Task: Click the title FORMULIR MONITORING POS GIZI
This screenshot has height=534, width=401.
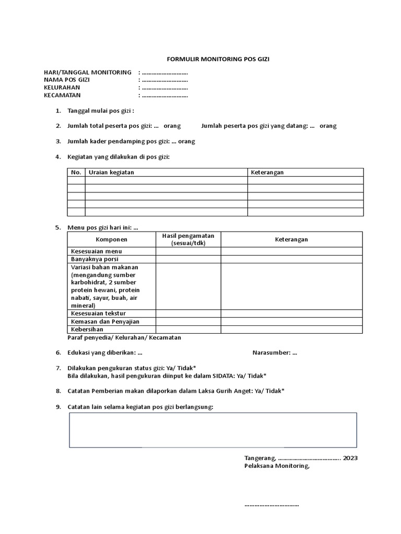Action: [218, 59]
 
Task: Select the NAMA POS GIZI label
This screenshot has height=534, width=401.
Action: [67, 80]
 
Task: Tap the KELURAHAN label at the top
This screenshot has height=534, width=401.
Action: [62, 88]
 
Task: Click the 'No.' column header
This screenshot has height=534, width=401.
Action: [76, 173]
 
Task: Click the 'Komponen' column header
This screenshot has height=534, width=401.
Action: [111, 239]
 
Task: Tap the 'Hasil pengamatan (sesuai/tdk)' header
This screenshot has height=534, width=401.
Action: [188, 239]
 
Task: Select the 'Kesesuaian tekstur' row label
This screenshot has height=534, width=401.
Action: [98, 313]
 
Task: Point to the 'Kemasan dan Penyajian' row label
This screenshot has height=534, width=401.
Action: [105, 322]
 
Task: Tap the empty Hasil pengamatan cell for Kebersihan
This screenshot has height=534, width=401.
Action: [188, 330]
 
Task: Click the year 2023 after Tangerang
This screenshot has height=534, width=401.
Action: [350, 458]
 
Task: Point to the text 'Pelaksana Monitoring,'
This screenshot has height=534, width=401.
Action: [277, 466]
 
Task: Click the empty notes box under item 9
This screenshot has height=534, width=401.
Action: [213, 430]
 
